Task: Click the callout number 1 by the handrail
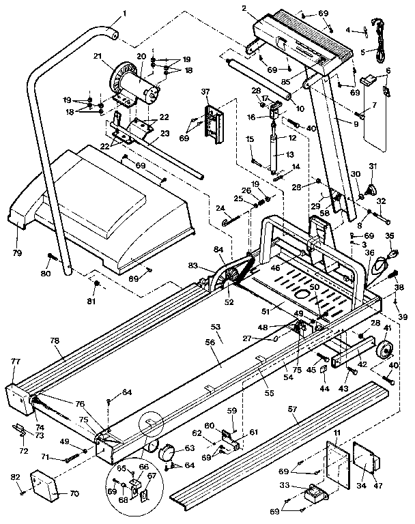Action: click(x=125, y=12)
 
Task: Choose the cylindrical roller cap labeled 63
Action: click(x=167, y=452)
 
